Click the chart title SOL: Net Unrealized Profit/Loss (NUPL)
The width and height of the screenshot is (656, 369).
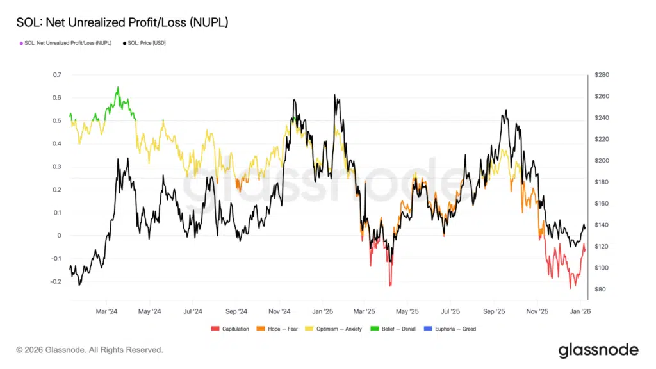[x=122, y=23]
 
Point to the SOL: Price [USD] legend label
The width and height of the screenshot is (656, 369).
[x=147, y=43]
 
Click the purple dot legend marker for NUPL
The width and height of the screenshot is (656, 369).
[x=22, y=43]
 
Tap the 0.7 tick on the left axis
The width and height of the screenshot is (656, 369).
[x=57, y=75]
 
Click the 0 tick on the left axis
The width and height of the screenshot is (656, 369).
[x=59, y=236]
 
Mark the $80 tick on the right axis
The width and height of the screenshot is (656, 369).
[x=600, y=290]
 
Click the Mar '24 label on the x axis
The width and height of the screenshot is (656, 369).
[x=107, y=311]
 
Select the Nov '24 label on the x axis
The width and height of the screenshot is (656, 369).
[x=280, y=311]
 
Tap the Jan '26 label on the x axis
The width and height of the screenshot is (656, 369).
[x=580, y=311]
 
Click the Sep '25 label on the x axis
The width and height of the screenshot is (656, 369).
[x=495, y=311]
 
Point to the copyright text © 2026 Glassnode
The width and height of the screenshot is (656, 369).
[x=90, y=350]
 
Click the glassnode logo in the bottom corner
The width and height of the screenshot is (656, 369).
[x=598, y=350]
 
